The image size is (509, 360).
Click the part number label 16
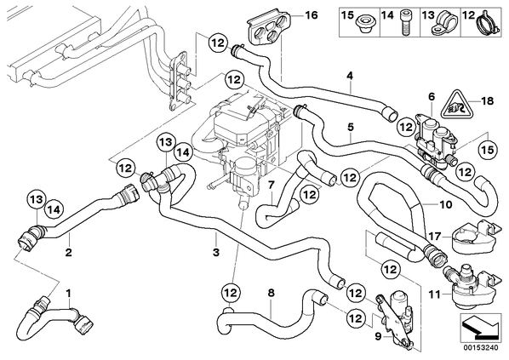pos(311,15)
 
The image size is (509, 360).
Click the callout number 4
pos(350,76)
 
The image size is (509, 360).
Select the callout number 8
pos(271,293)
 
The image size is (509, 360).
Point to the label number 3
pos(216,252)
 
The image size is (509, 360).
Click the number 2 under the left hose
pos(68,252)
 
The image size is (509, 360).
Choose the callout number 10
pos(445,204)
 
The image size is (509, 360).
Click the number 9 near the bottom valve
pos(378,337)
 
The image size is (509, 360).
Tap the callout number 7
pos(271,186)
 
